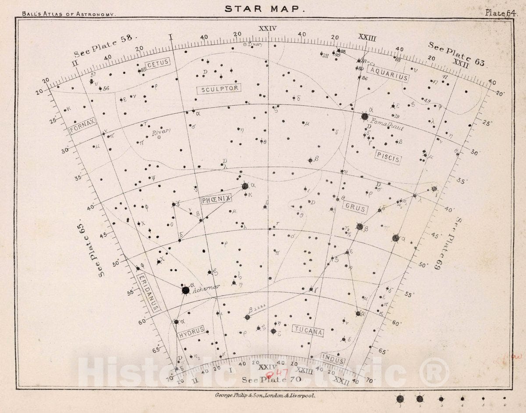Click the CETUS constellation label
coord(158,63)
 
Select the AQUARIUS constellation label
coord(388,74)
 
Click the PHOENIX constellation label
coord(216,199)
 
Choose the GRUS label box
coord(355,208)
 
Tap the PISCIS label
coord(387,157)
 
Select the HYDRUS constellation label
coord(192,332)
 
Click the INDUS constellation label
coord(333,359)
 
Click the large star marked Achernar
coord(185,290)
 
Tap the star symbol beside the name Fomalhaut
coord(365,116)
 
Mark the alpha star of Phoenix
coord(245,186)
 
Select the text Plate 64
coord(499,12)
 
